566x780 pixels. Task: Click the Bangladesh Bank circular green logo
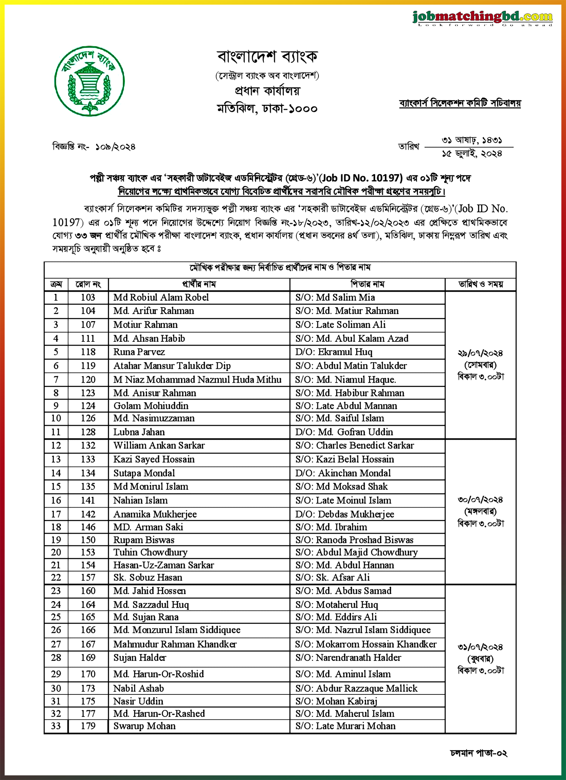pyautogui.click(x=89, y=81)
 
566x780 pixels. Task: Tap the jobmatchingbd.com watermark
pyautogui.click(x=482, y=17)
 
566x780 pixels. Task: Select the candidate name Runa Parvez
pyautogui.click(x=139, y=352)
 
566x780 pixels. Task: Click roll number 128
pyautogui.click(x=88, y=432)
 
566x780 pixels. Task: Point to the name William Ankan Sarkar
pyautogui.click(x=159, y=445)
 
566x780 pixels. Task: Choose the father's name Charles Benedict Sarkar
pyautogui.click(x=365, y=445)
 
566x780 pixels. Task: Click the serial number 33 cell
pyautogui.click(x=56, y=726)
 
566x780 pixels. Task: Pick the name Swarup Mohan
pyautogui.click(x=144, y=726)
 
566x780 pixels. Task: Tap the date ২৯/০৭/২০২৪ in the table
pyautogui.click(x=480, y=353)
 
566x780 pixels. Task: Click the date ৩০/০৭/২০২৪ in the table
pyautogui.click(x=480, y=500)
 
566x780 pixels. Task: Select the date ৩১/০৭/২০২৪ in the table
pyautogui.click(x=480, y=647)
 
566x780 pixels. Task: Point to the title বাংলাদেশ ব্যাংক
pyautogui.click(x=267, y=57)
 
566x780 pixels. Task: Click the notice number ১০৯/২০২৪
pyautogui.click(x=115, y=147)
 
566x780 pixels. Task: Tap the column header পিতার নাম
pyautogui.click(x=367, y=284)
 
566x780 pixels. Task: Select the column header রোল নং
pyautogui.click(x=88, y=284)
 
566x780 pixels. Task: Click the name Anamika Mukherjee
pyautogui.click(x=155, y=514)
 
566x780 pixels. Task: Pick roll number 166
pyautogui.click(x=88, y=630)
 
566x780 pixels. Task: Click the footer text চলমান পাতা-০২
pyautogui.click(x=478, y=753)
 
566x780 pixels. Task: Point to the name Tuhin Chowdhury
pyautogui.click(x=150, y=552)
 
